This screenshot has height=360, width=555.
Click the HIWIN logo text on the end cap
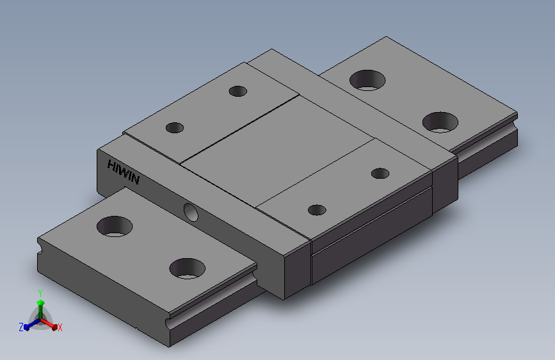tap(123, 172)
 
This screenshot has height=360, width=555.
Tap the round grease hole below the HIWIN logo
tap(191, 212)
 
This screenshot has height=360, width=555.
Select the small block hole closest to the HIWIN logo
tap(175, 127)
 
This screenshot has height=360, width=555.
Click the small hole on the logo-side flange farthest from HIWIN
tap(238, 91)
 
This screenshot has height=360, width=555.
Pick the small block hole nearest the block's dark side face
tap(317, 209)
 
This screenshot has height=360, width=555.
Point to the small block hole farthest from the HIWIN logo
tap(380, 173)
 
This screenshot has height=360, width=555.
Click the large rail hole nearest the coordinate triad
tap(115, 226)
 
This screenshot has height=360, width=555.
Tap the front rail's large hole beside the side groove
tap(188, 268)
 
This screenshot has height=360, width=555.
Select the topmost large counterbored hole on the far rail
tap(367, 80)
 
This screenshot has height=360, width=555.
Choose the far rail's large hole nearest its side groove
tap(440, 122)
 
